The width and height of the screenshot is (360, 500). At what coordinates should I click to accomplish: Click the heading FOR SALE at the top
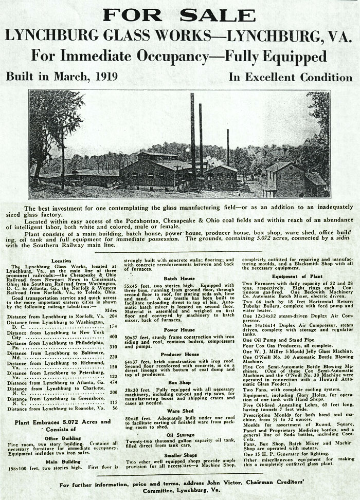pyautogui.click(x=179, y=14)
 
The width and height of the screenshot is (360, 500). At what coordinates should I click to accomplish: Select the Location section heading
pyautogui.click(x=62, y=261)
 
